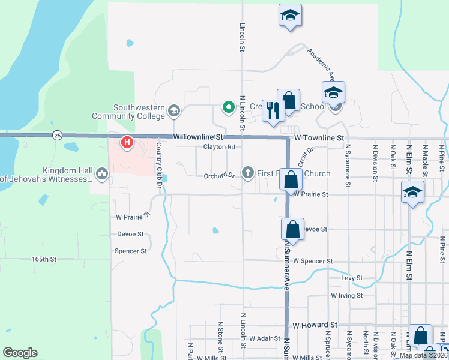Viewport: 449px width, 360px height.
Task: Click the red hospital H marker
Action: [127, 143]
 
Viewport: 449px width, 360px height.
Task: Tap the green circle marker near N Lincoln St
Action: [228, 108]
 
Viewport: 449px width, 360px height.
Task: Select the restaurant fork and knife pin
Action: [273, 111]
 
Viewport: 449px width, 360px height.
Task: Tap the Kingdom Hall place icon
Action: [101, 175]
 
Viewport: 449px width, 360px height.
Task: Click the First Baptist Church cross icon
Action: [247, 173]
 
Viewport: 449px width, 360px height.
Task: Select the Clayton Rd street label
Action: [218, 147]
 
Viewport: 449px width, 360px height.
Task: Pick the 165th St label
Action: [44, 259]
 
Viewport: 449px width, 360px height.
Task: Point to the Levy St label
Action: [351, 278]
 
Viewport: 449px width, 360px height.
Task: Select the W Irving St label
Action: [346, 296]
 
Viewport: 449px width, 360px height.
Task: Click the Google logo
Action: [20, 353]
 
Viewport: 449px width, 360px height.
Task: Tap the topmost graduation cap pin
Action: [290, 16]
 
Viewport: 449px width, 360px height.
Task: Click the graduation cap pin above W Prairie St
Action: [412, 193]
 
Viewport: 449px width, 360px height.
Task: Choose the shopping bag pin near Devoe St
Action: [292, 230]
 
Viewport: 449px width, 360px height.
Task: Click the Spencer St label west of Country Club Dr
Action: [131, 251]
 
